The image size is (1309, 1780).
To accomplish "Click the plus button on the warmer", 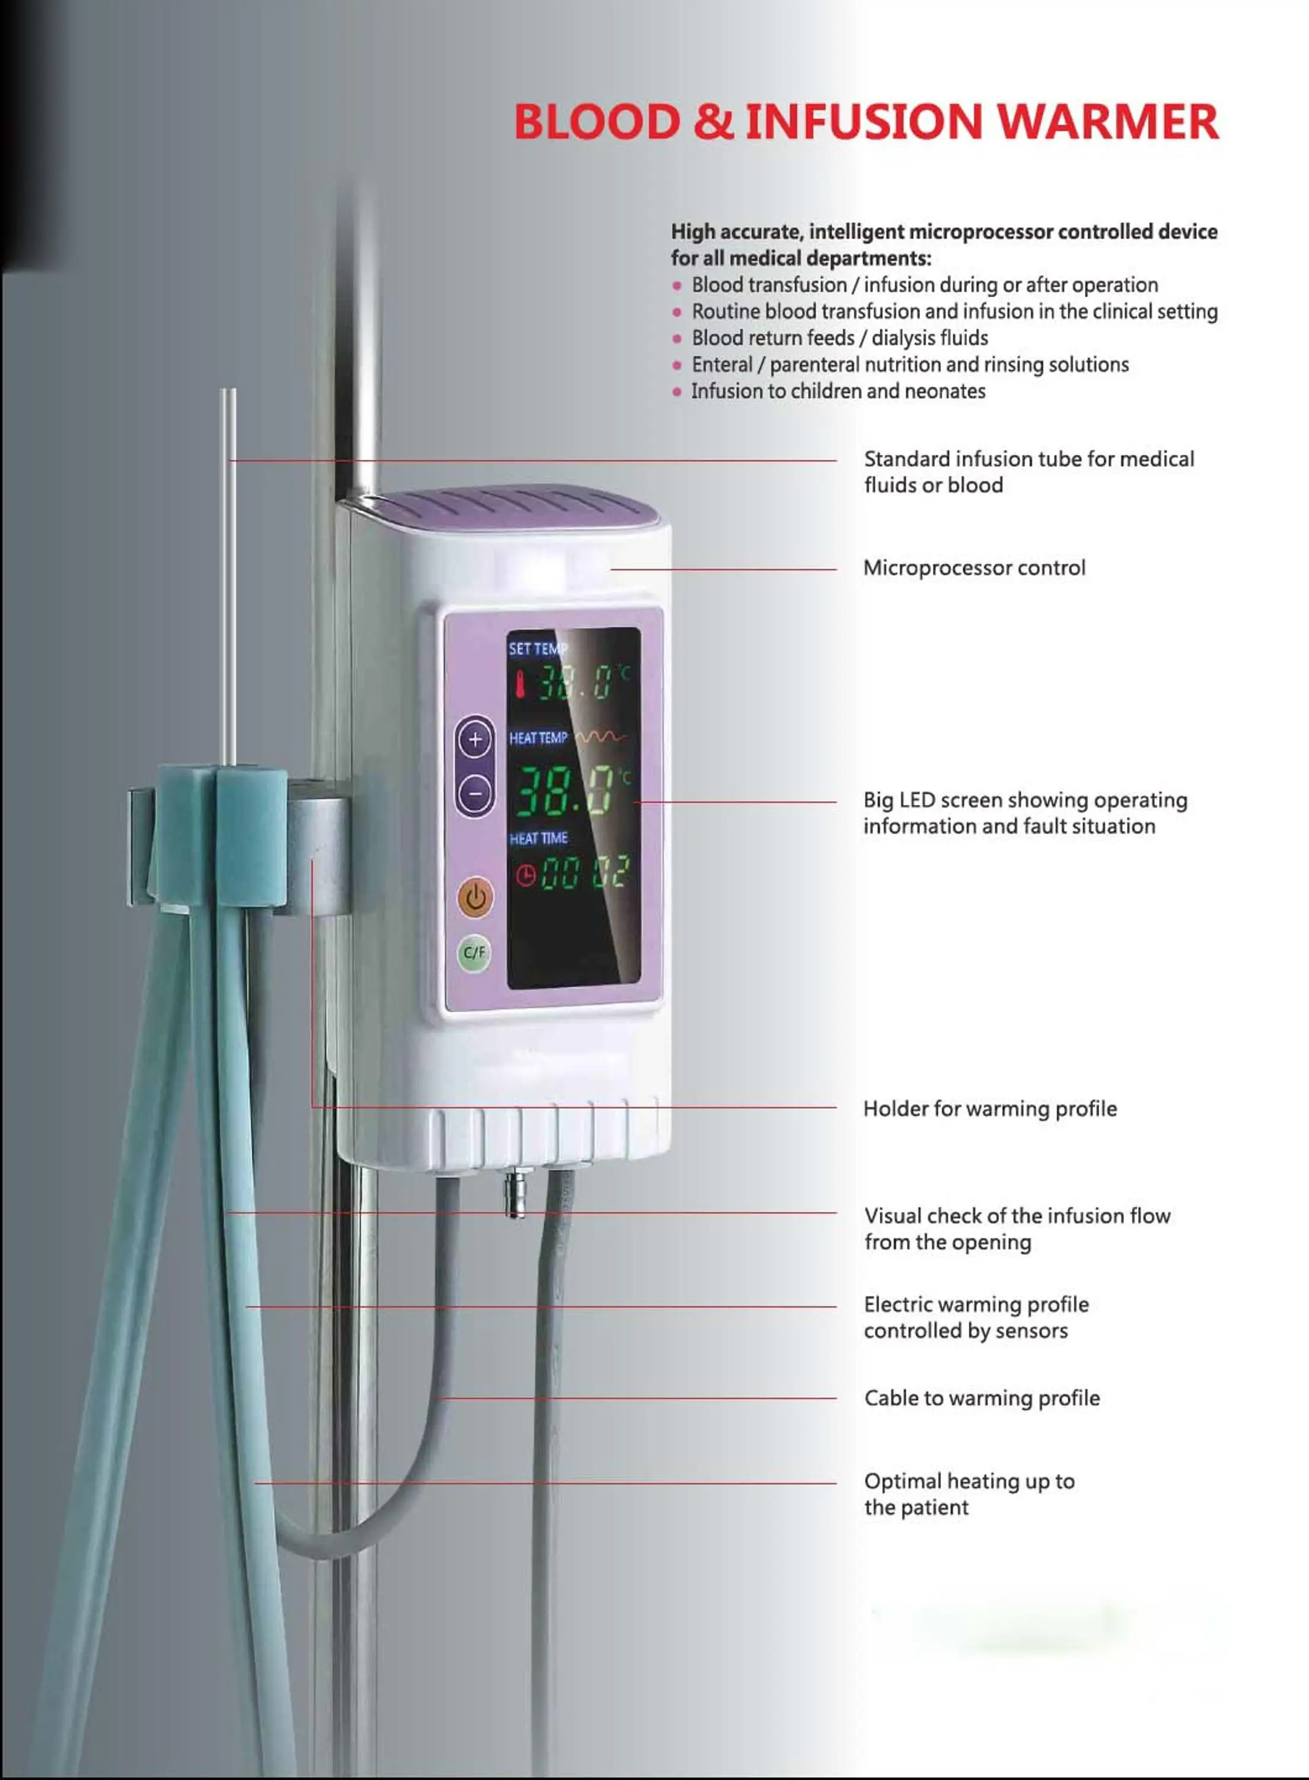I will (475, 740).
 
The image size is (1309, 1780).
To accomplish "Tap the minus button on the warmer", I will (475, 792).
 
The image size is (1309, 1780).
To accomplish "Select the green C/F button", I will (474, 952).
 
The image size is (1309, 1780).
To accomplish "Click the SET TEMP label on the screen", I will (537, 649).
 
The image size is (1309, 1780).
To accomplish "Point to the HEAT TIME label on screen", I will (538, 838).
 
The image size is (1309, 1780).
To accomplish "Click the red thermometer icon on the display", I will (520, 684).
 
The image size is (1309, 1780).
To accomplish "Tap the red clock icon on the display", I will (525, 875).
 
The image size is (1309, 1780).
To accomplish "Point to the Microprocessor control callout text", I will (974, 568).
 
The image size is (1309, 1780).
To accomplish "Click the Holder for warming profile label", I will (989, 1108).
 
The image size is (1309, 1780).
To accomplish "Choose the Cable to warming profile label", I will (982, 1398).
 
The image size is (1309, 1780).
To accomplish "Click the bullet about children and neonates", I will (838, 391).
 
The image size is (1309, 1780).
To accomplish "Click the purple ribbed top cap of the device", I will (519, 507).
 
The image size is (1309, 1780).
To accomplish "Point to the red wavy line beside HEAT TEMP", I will (601, 738).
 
